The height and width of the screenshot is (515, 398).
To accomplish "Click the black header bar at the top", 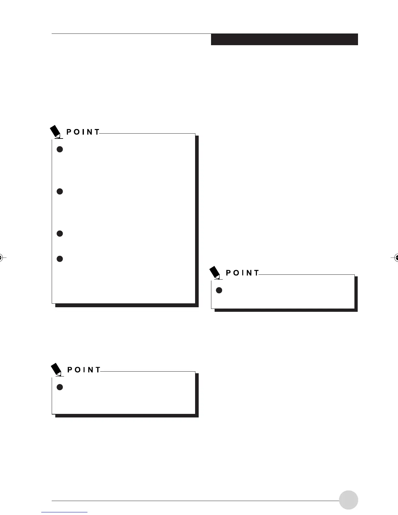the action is pyautogui.click(x=284, y=39).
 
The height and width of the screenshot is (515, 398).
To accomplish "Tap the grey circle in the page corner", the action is pyautogui.click(x=348, y=500).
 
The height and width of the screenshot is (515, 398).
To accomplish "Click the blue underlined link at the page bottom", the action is pyautogui.click(x=65, y=512).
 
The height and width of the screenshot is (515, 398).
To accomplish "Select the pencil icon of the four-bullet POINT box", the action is pyautogui.click(x=56, y=132).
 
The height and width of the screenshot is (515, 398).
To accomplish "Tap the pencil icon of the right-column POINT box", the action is pyautogui.click(x=215, y=273).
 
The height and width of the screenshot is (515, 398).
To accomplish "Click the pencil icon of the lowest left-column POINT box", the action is pyautogui.click(x=57, y=370).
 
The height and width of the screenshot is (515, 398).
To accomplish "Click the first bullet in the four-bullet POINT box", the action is pyautogui.click(x=60, y=149).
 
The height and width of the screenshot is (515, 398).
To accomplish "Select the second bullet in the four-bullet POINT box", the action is pyautogui.click(x=60, y=191).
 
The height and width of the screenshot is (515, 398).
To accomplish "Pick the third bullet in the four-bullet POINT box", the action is pyautogui.click(x=60, y=233).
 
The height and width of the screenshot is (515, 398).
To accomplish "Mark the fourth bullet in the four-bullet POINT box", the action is pyautogui.click(x=60, y=259).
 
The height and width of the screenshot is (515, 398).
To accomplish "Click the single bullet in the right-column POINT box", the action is pyautogui.click(x=219, y=290).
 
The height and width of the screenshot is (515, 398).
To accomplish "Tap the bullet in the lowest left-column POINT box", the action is pyautogui.click(x=60, y=387).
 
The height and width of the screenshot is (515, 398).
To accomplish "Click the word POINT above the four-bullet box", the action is pyautogui.click(x=83, y=132).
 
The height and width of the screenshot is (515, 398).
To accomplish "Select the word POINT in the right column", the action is pyautogui.click(x=243, y=273).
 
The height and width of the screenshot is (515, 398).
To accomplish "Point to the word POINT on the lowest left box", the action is pyautogui.click(x=84, y=370).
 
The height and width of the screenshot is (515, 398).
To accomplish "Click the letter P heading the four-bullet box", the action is pyautogui.click(x=69, y=132).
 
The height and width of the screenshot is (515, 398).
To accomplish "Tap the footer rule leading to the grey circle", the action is pyautogui.click(x=195, y=501).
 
